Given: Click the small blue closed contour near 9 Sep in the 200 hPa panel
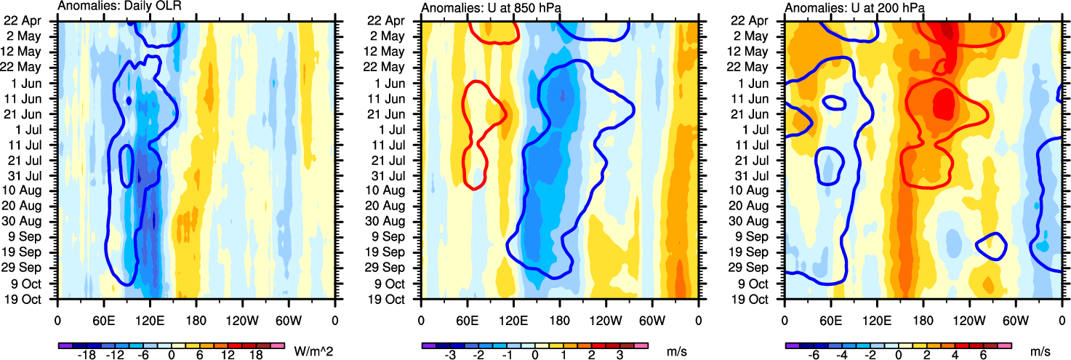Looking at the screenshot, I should (x=990, y=247).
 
